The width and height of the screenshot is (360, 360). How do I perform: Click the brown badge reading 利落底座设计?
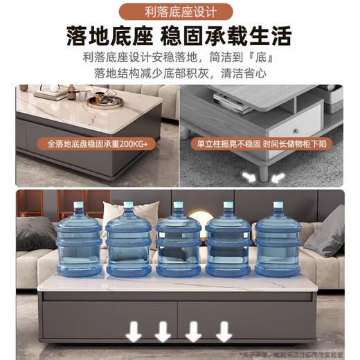coord(179,12)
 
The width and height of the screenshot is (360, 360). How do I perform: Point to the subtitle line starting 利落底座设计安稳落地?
coord(179,57)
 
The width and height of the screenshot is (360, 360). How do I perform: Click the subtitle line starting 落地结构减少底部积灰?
coord(179,73)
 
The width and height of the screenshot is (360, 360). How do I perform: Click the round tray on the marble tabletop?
coord(105,102)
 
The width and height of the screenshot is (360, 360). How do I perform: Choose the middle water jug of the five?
coord(179,239)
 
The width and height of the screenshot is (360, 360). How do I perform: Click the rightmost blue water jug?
coord(278,239)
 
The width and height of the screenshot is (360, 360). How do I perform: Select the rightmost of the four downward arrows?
coord(224,333)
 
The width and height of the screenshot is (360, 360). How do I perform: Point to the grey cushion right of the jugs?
coord(325,232)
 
